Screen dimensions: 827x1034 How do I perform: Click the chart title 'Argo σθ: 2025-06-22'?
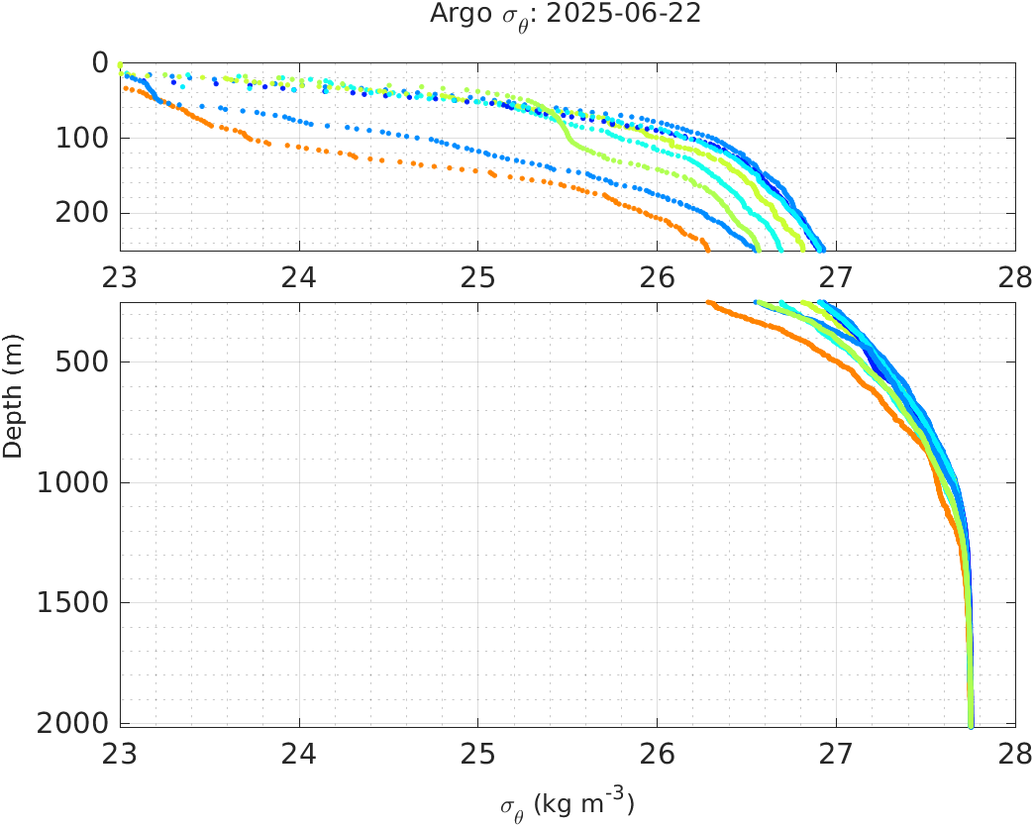567,15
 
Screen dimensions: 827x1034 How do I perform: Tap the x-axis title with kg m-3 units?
567,804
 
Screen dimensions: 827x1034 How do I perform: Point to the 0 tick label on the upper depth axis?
100,62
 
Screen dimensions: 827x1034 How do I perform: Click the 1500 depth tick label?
73,602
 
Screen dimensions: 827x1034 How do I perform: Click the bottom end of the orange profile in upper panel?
706,248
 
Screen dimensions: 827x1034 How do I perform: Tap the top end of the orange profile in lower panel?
709,302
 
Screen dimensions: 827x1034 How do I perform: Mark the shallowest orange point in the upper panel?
125,88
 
